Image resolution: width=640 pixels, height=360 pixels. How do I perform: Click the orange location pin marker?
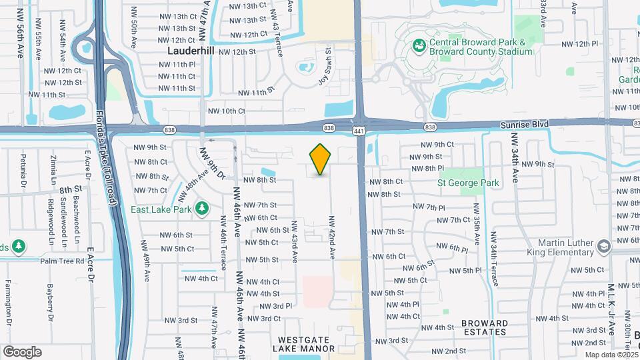[321, 159]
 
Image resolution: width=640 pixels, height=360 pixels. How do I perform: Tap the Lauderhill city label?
[191, 51]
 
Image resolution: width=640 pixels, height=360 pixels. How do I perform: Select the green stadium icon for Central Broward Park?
[419, 46]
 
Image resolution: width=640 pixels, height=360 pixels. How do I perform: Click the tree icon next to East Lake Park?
[202, 209]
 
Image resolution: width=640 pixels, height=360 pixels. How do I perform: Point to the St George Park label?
[468, 182]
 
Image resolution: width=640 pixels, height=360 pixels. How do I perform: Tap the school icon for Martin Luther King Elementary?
[604, 247]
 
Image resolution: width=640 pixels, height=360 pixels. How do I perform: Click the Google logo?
[22, 352]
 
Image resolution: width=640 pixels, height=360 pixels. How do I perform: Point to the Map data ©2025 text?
[610, 355]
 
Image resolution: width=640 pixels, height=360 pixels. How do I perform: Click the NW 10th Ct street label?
[227, 111]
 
